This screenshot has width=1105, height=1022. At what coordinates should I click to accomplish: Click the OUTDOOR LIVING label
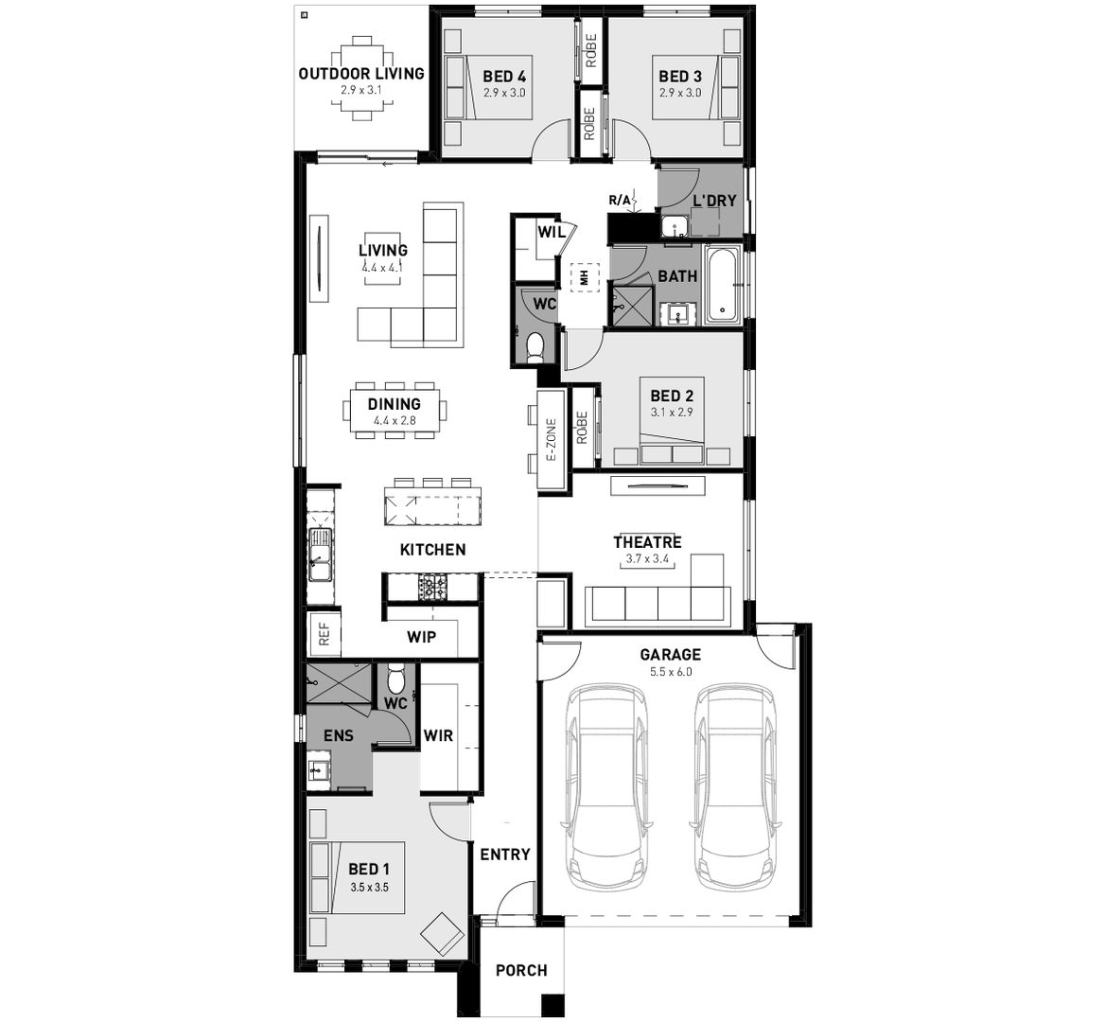point(360,74)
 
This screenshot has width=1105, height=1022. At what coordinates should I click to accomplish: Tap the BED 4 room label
point(504,77)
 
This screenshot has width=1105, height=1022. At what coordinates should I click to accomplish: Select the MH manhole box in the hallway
point(585,276)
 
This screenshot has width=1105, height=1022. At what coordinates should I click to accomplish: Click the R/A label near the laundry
point(619,200)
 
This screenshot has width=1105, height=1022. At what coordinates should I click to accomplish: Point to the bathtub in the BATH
point(725,285)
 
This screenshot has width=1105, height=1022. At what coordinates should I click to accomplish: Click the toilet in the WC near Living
point(535,346)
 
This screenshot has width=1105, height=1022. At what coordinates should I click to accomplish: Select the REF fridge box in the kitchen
point(324,634)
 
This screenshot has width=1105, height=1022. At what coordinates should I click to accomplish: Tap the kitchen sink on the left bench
point(320,555)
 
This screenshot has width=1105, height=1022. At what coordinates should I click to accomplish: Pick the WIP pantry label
point(422,637)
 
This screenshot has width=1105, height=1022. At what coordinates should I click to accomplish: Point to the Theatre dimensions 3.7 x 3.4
point(647,559)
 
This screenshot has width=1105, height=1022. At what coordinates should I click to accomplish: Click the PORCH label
point(521,970)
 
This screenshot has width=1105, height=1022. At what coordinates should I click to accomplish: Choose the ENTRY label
point(504,855)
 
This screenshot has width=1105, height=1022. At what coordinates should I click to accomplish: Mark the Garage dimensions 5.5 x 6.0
point(671,671)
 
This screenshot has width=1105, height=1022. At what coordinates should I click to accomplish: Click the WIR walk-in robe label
point(438,735)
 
